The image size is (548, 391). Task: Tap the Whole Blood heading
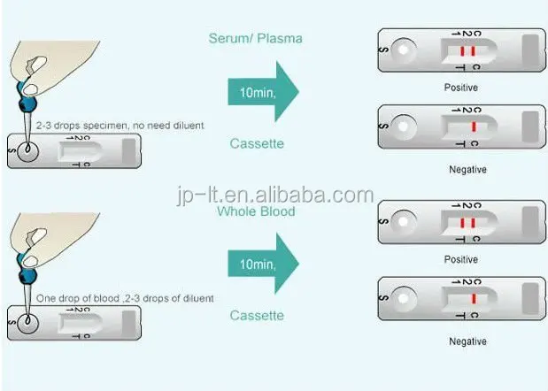click(256, 211)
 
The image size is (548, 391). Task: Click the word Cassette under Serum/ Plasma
click(256, 143)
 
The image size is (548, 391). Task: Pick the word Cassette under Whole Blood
click(256, 316)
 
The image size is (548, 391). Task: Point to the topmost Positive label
click(460, 88)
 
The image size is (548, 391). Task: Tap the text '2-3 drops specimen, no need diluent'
click(114, 126)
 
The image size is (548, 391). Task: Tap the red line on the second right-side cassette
click(475, 128)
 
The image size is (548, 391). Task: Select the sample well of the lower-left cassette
click(30, 323)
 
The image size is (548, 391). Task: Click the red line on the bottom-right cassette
click(475, 301)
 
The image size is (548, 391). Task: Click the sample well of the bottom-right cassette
click(404, 301)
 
